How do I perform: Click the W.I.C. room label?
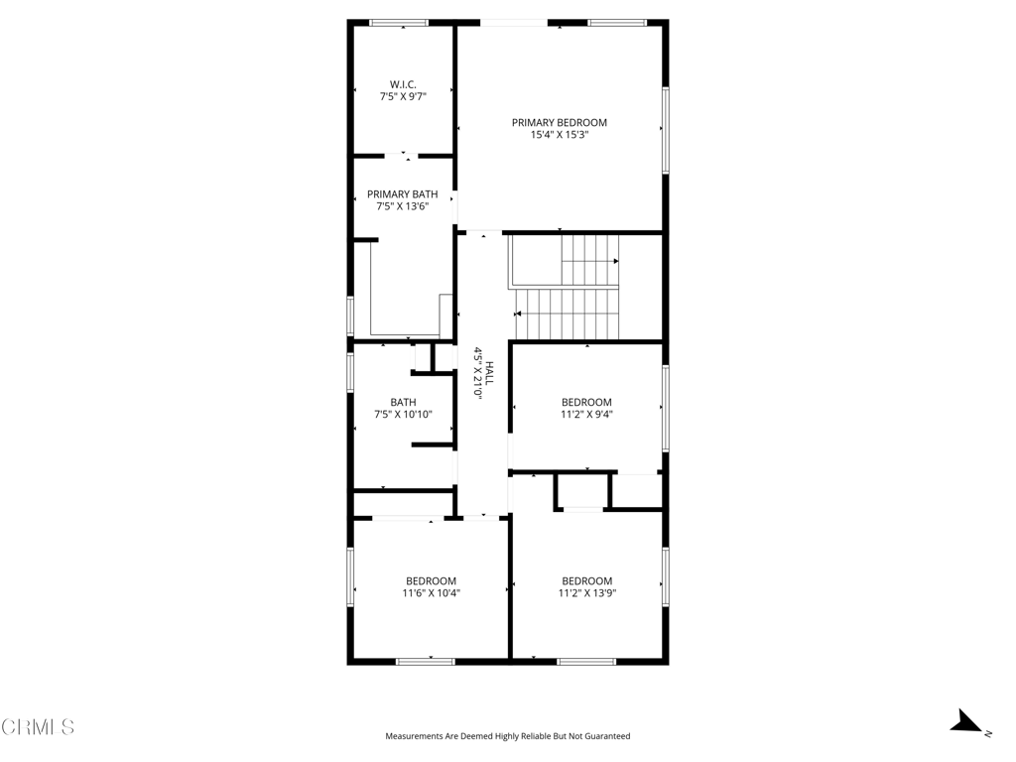click(403, 84)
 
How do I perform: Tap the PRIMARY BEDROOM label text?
click(560, 122)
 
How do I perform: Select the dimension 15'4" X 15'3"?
click(560, 135)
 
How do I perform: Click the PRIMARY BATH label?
click(402, 194)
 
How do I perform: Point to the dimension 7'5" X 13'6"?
click(402, 206)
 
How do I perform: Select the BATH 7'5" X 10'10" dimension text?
click(403, 414)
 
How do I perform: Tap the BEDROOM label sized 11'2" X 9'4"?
click(586, 402)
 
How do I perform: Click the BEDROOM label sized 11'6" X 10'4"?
click(431, 580)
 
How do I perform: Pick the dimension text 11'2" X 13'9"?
click(586, 593)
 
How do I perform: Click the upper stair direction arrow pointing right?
click(615, 261)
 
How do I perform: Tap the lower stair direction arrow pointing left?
click(518, 314)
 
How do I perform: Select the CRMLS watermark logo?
click(38, 727)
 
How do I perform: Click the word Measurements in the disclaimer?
click(415, 736)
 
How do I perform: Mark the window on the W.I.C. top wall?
click(399, 22)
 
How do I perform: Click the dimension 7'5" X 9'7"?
click(403, 97)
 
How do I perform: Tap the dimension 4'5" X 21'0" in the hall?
click(477, 373)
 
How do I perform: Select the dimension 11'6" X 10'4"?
click(431, 593)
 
